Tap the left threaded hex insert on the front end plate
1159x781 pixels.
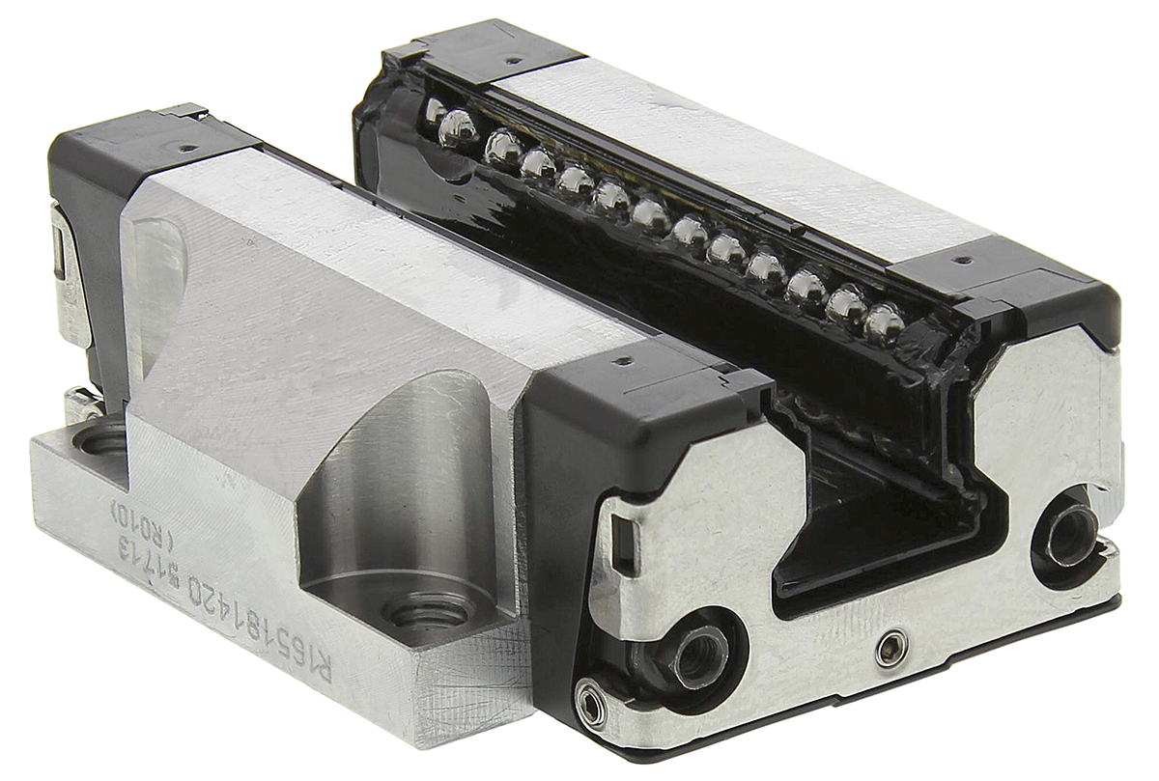[x=697, y=656]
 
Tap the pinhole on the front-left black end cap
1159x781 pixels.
[x=621, y=361]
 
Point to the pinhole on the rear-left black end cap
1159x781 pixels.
[x=183, y=150]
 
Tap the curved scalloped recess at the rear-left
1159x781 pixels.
[x=159, y=280]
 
